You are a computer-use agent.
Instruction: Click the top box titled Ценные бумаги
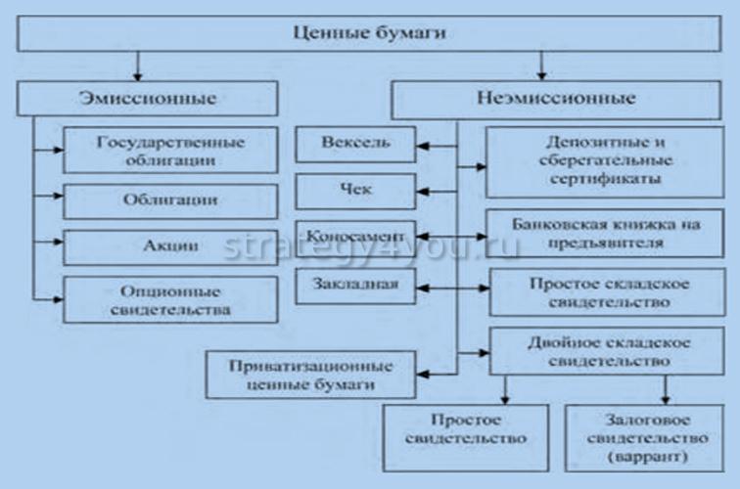click(369, 33)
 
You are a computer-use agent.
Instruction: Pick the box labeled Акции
click(157, 245)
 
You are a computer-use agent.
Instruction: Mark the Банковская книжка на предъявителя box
click(607, 233)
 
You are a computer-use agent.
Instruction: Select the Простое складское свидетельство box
click(608, 291)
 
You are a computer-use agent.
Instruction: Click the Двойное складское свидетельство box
click(608, 352)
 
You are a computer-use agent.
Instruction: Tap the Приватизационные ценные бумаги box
click(310, 374)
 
